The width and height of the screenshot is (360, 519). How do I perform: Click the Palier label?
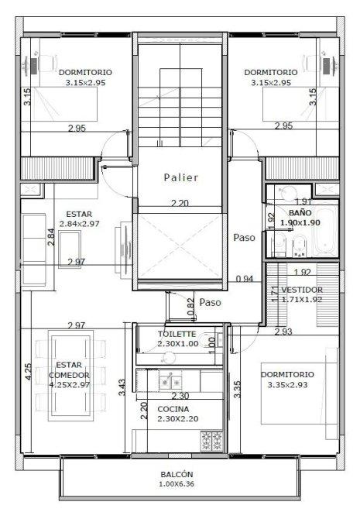tap(181, 177)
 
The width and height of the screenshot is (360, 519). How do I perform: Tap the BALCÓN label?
tap(177, 474)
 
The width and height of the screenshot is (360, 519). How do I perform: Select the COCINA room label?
tap(173, 409)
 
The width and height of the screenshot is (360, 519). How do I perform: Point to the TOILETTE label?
tap(177, 334)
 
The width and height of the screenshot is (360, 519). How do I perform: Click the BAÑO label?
tap(300, 212)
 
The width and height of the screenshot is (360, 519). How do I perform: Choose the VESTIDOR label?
tap(302, 290)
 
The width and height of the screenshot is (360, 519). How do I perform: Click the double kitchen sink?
tap(170, 383)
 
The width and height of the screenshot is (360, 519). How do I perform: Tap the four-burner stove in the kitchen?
tap(211, 441)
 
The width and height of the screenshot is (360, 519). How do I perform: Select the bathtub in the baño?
tap(324, 232)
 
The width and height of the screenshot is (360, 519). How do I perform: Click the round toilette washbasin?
tap(169, 357)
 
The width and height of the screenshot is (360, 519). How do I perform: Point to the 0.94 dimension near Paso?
tap(245, 279)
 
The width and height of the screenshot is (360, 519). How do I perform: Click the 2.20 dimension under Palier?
tap(180, 203)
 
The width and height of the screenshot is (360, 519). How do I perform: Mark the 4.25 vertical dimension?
tap(29, 372)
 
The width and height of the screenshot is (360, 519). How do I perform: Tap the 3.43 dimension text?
tap(122, 387)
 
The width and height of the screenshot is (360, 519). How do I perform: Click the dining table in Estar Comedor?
tap(70, 376)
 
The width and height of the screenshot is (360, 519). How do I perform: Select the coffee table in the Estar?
tap(70, 249)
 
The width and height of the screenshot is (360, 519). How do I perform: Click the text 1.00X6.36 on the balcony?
tap(177, 484)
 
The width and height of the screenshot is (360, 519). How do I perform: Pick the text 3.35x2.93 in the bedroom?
tap(287, 385)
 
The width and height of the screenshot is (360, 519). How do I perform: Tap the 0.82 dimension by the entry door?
tap(190, 307)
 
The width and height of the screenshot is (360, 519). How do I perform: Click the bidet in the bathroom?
tap(299, 246)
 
